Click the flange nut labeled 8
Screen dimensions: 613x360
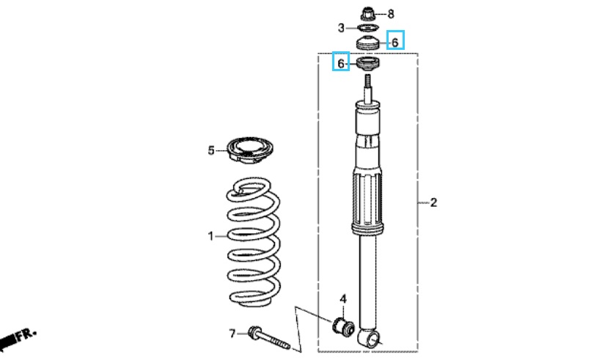coord(367,14)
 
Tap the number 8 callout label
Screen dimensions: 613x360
coord(391,15)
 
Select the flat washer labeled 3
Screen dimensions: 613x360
coord(368,28)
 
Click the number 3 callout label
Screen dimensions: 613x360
coord(341,28)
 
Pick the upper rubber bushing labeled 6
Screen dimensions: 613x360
coord(368,43)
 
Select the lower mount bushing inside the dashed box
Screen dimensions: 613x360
coord(368,64)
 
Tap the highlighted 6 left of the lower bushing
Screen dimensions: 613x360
coord(341,62)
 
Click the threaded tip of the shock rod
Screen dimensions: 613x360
coord(368,81)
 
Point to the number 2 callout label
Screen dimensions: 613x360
coord(433,202)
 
